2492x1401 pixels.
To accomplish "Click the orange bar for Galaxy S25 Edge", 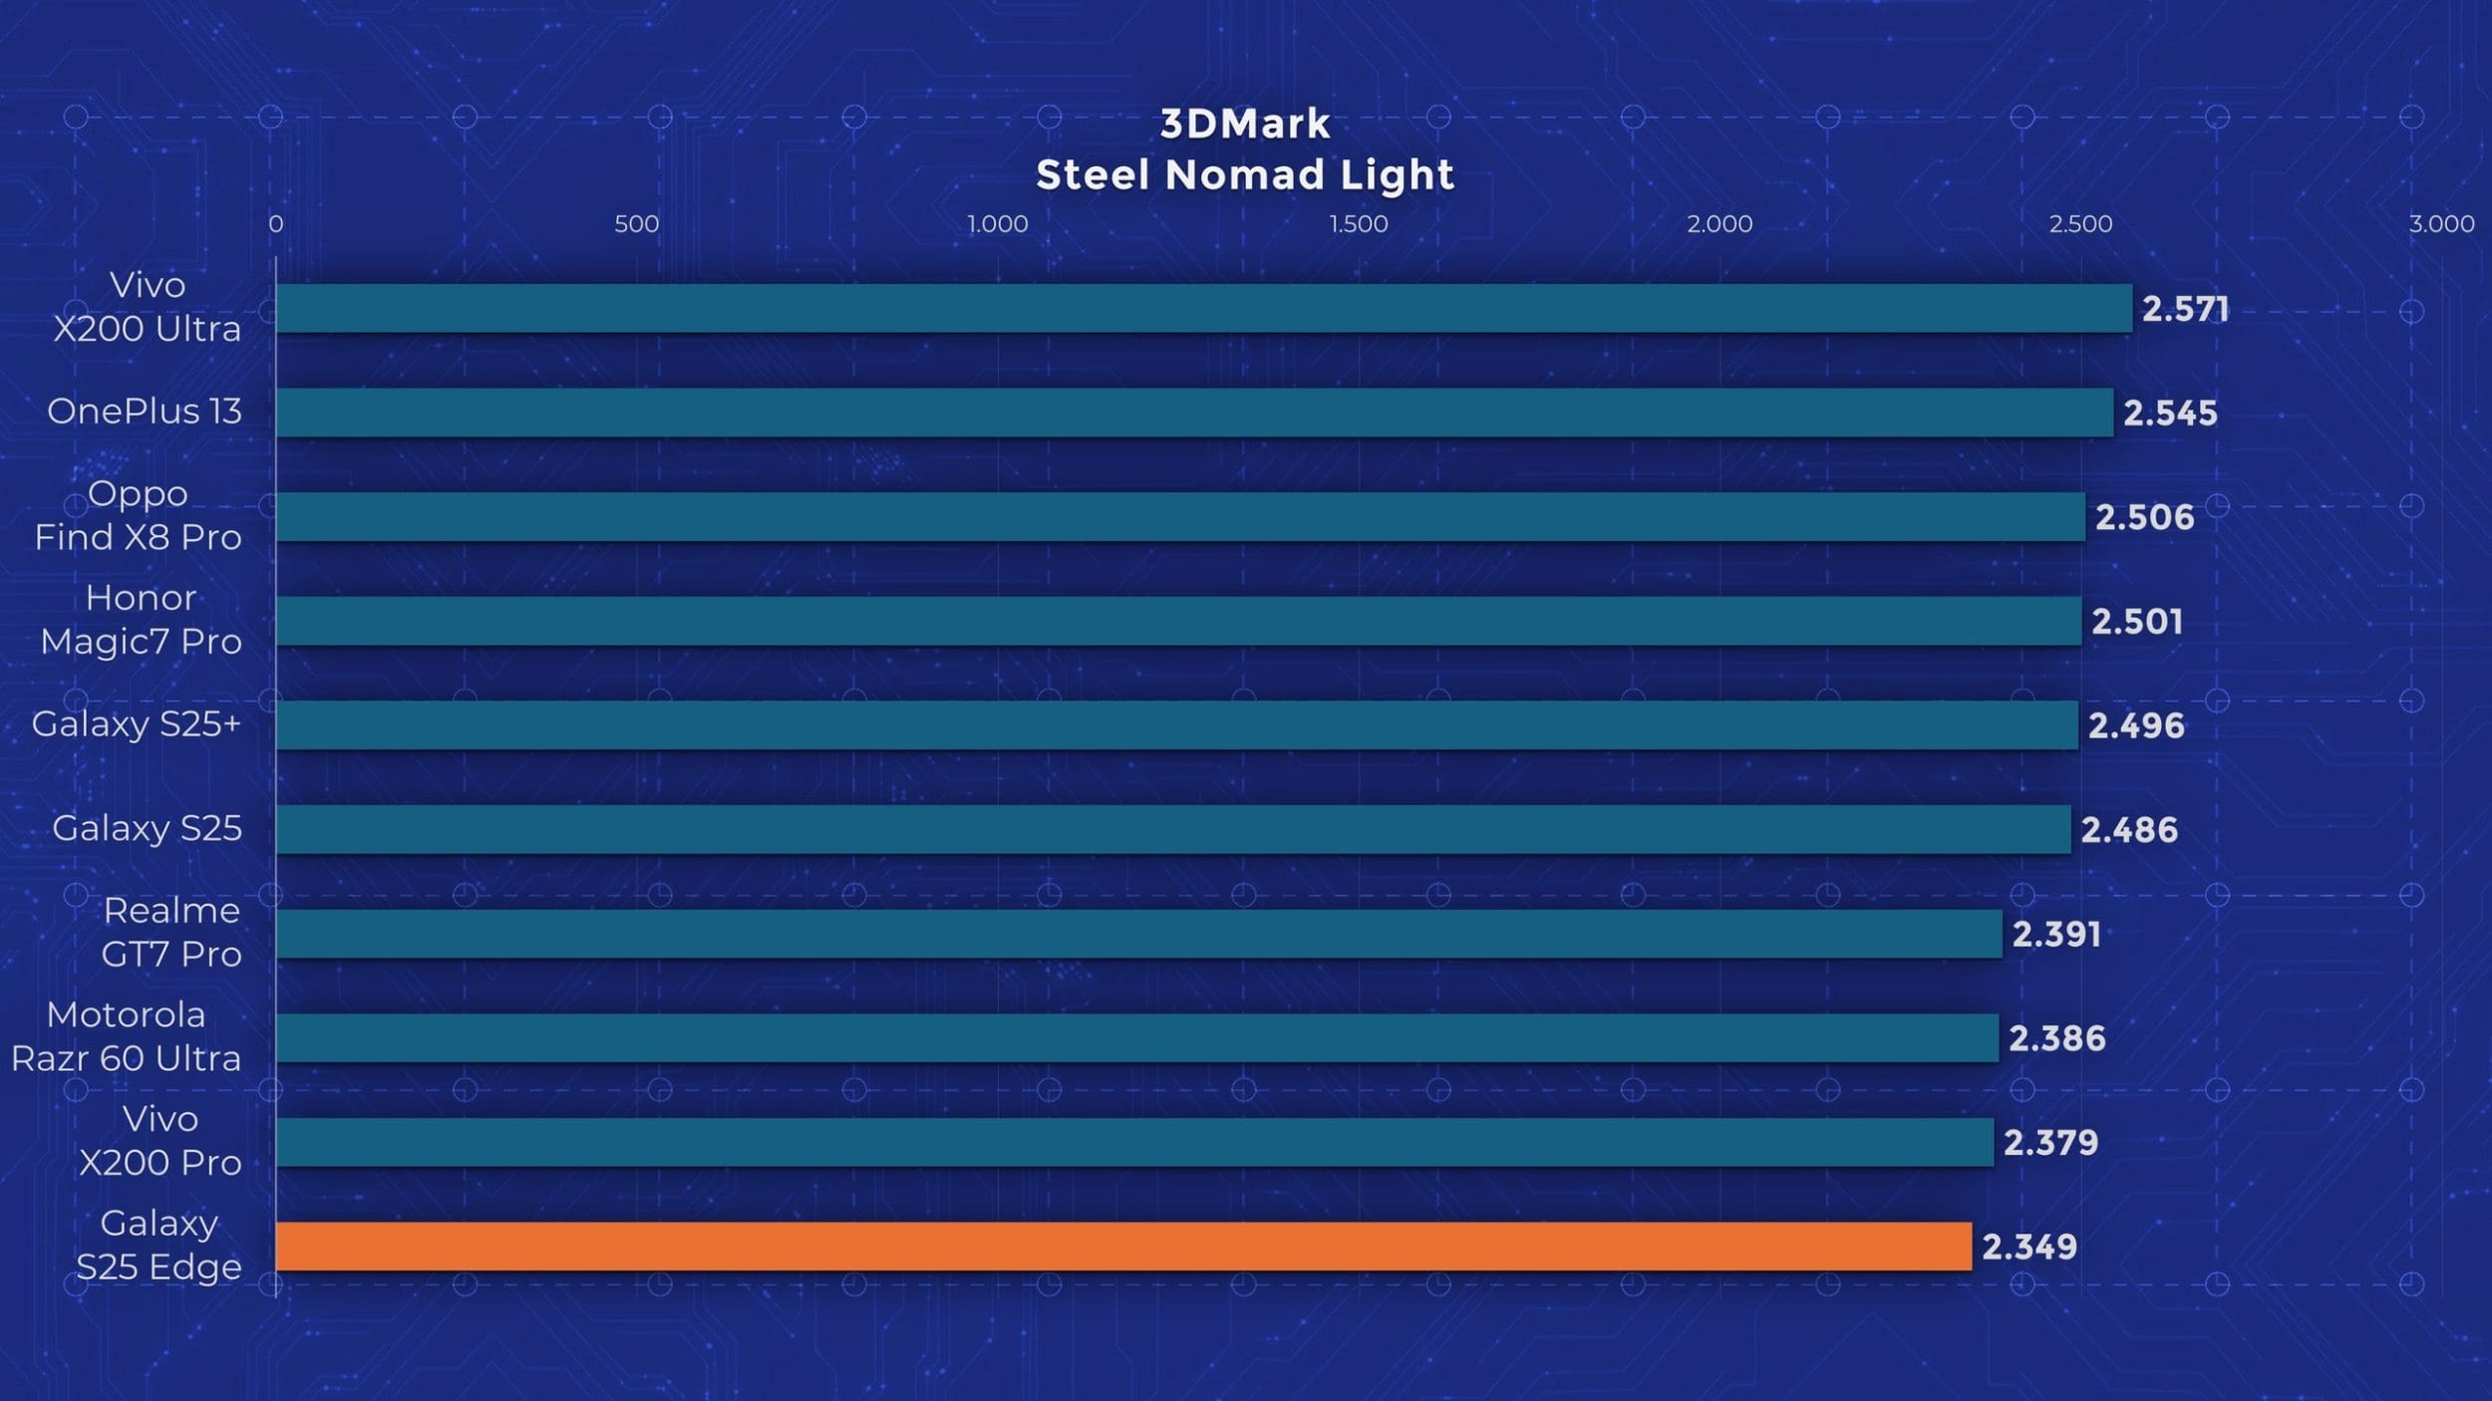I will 1123,1247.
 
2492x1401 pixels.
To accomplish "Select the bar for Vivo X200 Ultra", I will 1203,308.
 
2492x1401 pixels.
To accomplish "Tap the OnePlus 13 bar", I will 1194,413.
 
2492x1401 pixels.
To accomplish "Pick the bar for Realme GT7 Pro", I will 1138,934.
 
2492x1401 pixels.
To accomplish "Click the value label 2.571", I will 2185,310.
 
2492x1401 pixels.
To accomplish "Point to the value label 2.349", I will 2028,1248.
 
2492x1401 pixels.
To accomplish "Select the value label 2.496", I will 2136,726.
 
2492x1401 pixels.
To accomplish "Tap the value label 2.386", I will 2056,1039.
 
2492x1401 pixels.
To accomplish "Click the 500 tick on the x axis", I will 636,224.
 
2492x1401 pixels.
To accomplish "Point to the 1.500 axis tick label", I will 1358,224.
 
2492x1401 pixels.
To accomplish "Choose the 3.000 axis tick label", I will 2441,224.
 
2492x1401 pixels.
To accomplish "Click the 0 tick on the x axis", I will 276,224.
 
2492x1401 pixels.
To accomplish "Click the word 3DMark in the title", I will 1245,125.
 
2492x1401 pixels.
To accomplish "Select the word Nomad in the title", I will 1246,175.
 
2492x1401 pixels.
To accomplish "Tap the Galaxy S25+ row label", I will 137,724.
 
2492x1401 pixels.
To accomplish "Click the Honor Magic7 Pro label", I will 141,619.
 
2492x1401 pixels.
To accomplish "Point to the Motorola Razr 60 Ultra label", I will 127,1036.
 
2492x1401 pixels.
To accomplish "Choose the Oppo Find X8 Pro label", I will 139,515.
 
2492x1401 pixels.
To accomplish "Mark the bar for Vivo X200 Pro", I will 1134,1142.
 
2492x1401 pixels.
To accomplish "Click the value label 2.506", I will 2144,518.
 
